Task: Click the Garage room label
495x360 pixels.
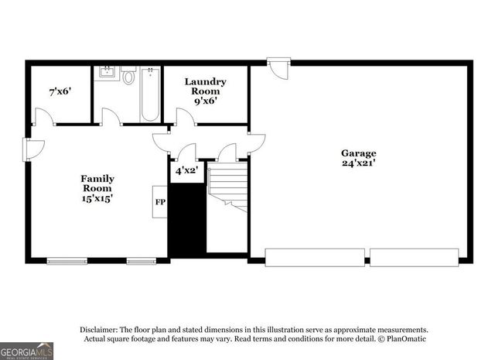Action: (x=359, y=153)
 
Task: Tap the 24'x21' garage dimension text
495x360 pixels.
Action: (x=359, y=163)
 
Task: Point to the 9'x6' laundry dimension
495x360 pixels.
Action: (x=204, y=100)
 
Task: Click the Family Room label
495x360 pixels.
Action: (x=97, y=183)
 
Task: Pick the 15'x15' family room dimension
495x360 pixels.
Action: (x=97, y=199)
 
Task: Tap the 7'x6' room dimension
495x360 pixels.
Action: (x=60, y=91)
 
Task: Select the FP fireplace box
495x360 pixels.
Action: (x=160, y=203)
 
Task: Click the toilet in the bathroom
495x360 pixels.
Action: (x=128, y=77)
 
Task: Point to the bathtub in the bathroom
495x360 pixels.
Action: (x=150, y=94)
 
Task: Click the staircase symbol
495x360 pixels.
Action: (x=227, y=190)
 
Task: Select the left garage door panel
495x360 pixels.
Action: (x=315, y=256)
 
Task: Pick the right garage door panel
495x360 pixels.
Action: (x=415, y=256)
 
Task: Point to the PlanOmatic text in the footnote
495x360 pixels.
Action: (x=405, y=338)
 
